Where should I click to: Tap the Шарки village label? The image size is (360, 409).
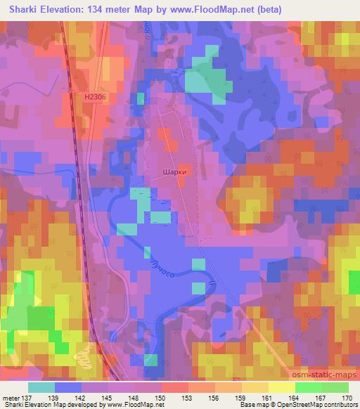pos(174,169)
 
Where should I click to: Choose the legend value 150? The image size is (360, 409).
pos(162,398)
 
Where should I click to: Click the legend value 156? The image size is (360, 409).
pos(215,398)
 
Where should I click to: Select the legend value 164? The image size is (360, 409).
pos(295,398)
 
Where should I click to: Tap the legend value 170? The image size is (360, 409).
pos(348,398)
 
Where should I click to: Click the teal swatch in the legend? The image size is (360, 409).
pos(41,387)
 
